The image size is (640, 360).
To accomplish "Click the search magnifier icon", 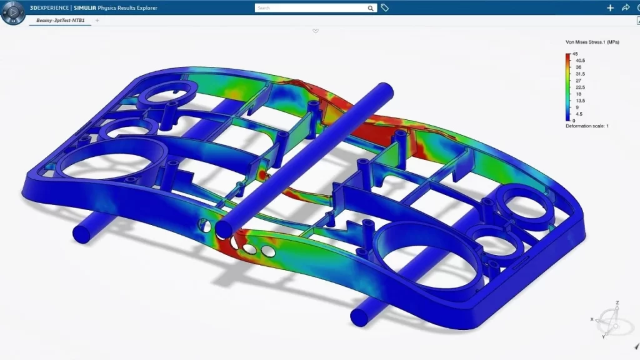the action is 370,8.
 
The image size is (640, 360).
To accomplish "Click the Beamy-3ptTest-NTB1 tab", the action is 61,20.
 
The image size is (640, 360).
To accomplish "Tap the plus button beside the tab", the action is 97,20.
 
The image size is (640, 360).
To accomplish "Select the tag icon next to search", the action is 384,7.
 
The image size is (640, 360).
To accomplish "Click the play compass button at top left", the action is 12,12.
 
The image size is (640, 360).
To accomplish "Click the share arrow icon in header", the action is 626,7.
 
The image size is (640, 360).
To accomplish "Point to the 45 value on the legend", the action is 575,54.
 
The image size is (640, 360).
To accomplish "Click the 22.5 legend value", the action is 580,87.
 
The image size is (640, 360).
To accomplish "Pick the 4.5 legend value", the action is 579,114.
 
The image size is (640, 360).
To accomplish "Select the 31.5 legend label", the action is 580,74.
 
